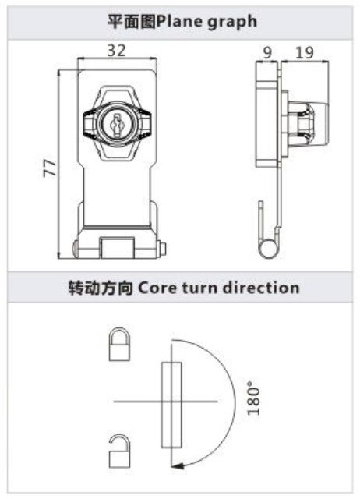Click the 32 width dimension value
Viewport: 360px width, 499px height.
pyautogui.click(x=116, y=50)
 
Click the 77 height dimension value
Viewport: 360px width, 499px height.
pyautogui.click(x=50, y=168)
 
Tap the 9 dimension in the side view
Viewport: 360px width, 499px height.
pyautogui.click(x=268, y=52)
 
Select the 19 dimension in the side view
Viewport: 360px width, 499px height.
pyautogui.click(x=305, y=52)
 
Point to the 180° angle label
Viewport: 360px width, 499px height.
pyautogui.click(x=253, y=398)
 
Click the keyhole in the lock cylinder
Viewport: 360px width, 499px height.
pyautogui.click(x=117, y=124)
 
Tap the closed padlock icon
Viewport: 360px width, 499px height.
pyautogui.click(x=119, y=344)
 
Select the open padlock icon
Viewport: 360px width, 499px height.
pyautogui.click(x=119, y=451)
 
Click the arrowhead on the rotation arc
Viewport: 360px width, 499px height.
pyautogui.click(x=178, y=465)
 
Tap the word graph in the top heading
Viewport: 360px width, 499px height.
pyautogui.click(x=232, y=23)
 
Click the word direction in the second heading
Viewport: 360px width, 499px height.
pyautogui.click(x=261, y=288)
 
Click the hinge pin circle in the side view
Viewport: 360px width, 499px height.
pyautogui.click(x=268, y=249)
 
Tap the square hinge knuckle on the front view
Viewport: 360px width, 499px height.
pyautogui.click(x=117, y=247)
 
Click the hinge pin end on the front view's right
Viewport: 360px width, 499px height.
pyautogui.click(x=163, y=249)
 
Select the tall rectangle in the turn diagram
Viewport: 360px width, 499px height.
pyautogui.click(x=171, y=405)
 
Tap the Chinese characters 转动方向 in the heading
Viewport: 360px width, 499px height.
pyautogui.click(x=101, y=288)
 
